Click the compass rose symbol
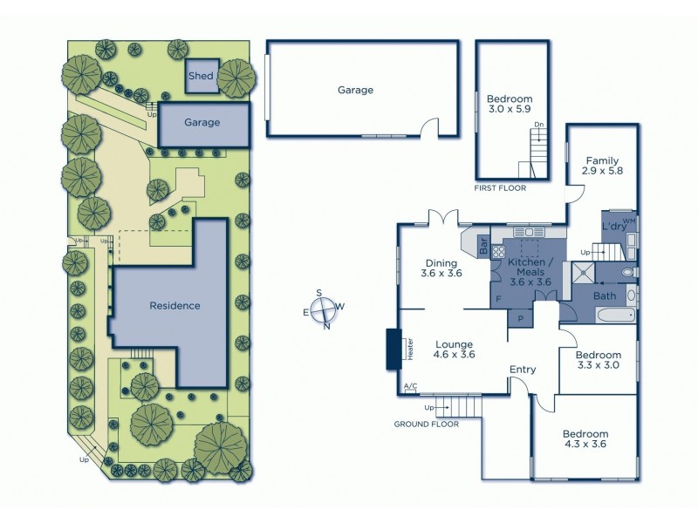325,309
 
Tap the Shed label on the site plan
202,76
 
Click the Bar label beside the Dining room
484,247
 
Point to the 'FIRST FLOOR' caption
500,188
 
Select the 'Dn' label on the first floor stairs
539,126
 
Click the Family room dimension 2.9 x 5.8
603,173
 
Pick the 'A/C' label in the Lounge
410,387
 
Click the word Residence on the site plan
174,306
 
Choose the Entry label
523,370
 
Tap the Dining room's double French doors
443,218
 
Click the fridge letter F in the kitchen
498,299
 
